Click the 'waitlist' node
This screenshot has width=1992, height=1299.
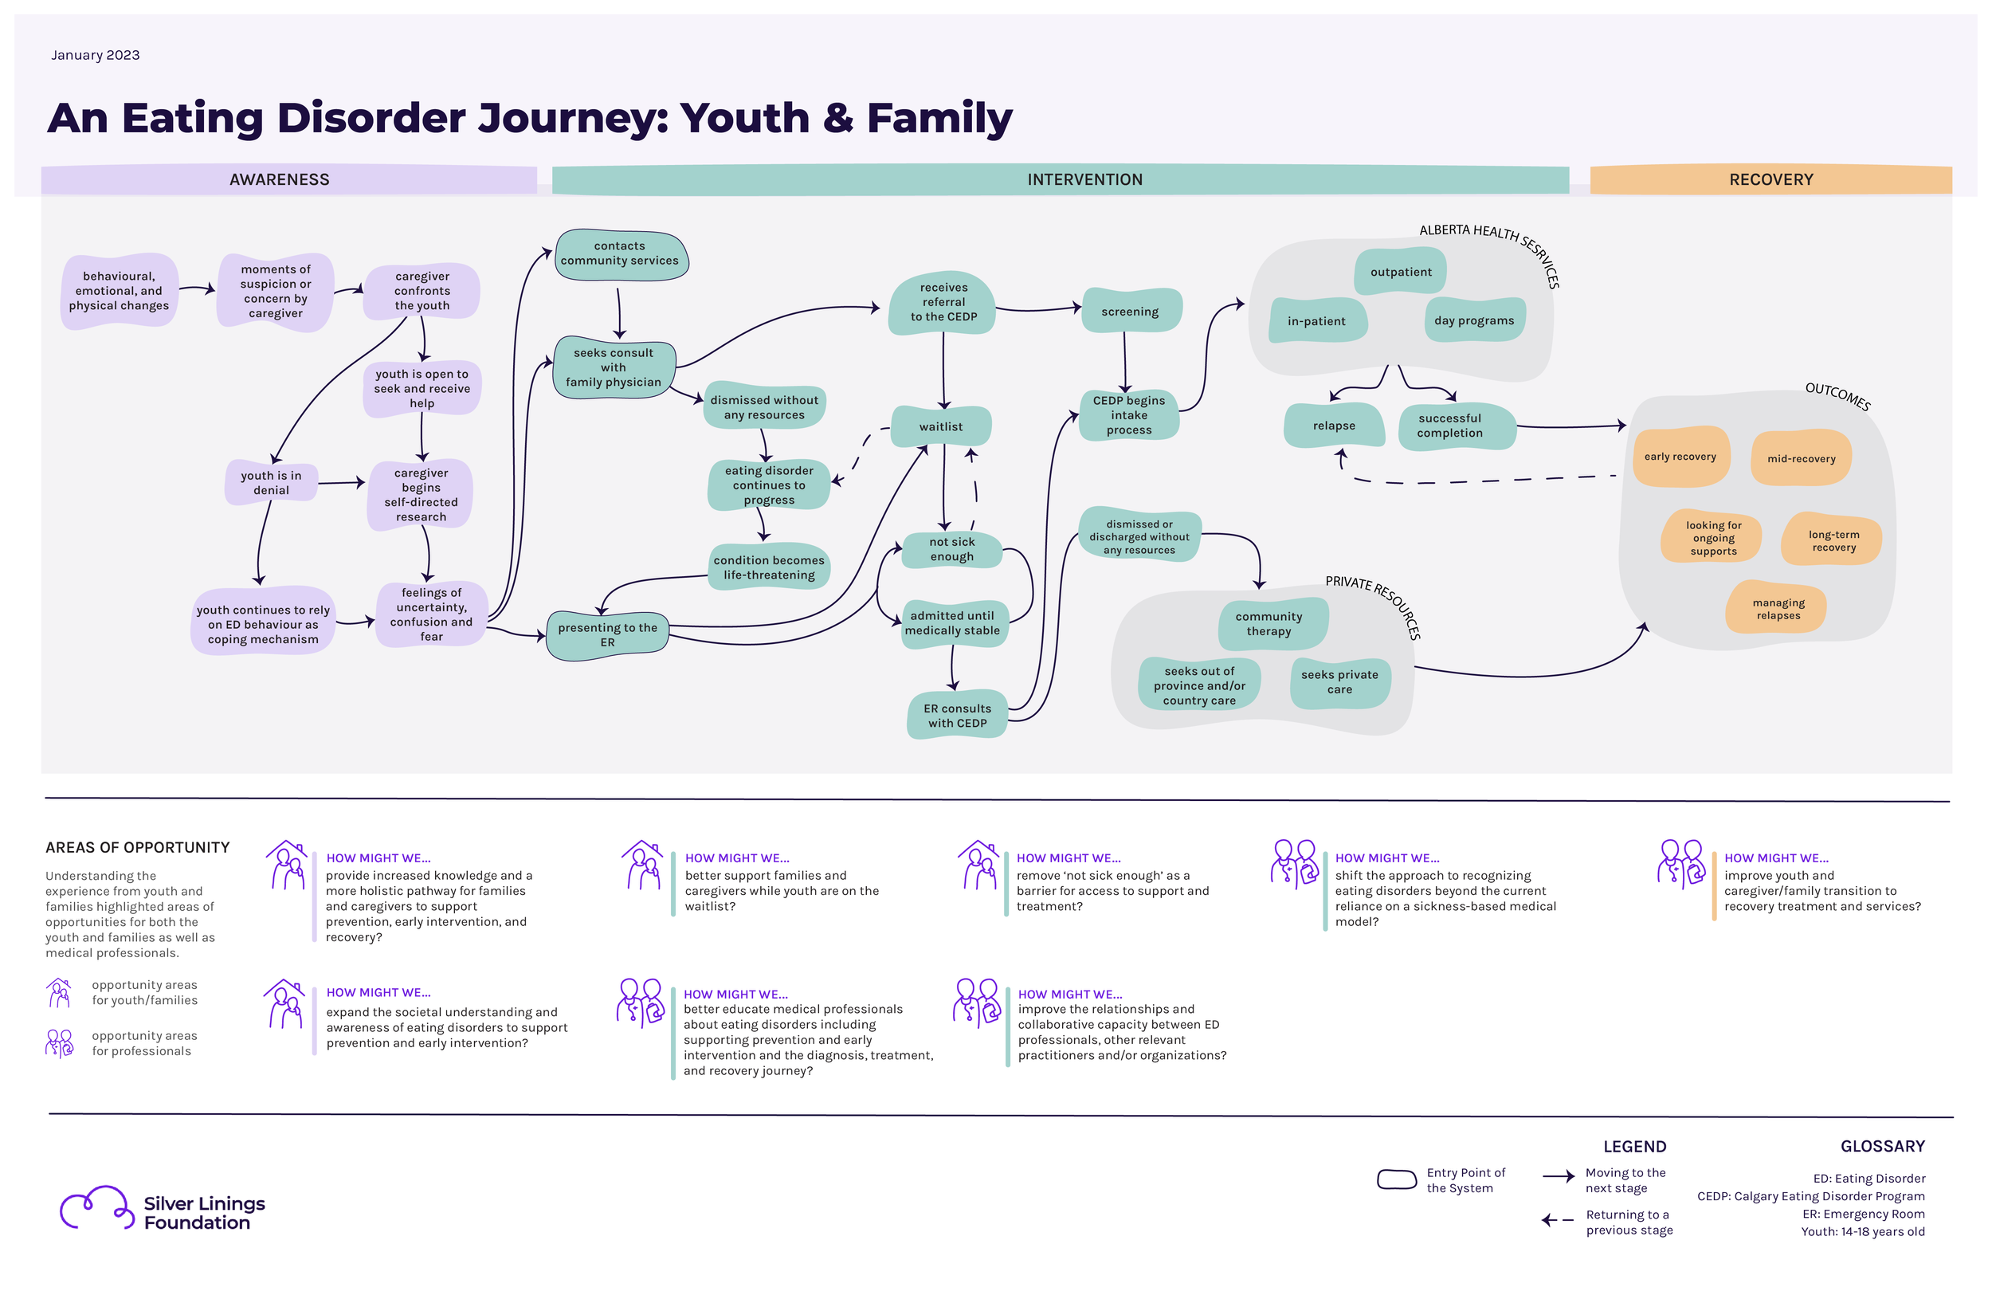[942, 426]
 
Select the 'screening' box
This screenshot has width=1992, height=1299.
[1131, 311]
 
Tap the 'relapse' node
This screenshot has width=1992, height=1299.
[1334, 426]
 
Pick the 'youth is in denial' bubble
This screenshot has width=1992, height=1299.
[271, 482]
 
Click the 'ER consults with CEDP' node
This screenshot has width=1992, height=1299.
[958, 716]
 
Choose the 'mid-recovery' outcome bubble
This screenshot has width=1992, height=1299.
[1802, 457]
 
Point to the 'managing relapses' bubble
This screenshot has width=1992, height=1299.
[1778, 609]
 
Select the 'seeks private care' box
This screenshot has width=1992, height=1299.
[1339, 682]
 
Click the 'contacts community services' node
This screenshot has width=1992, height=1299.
[620, 253]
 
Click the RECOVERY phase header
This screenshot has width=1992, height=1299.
[1771, 179]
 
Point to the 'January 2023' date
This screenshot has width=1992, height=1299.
[96, 55]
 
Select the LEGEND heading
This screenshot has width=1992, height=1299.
[1634, 1147]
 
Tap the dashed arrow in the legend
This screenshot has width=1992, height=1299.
[1558, 1220]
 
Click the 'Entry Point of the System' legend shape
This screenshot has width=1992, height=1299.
[1397, 1179]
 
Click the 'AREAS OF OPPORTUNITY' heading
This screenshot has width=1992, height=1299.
[137, 848]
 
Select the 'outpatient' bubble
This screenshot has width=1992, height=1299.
[1401, 271]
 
